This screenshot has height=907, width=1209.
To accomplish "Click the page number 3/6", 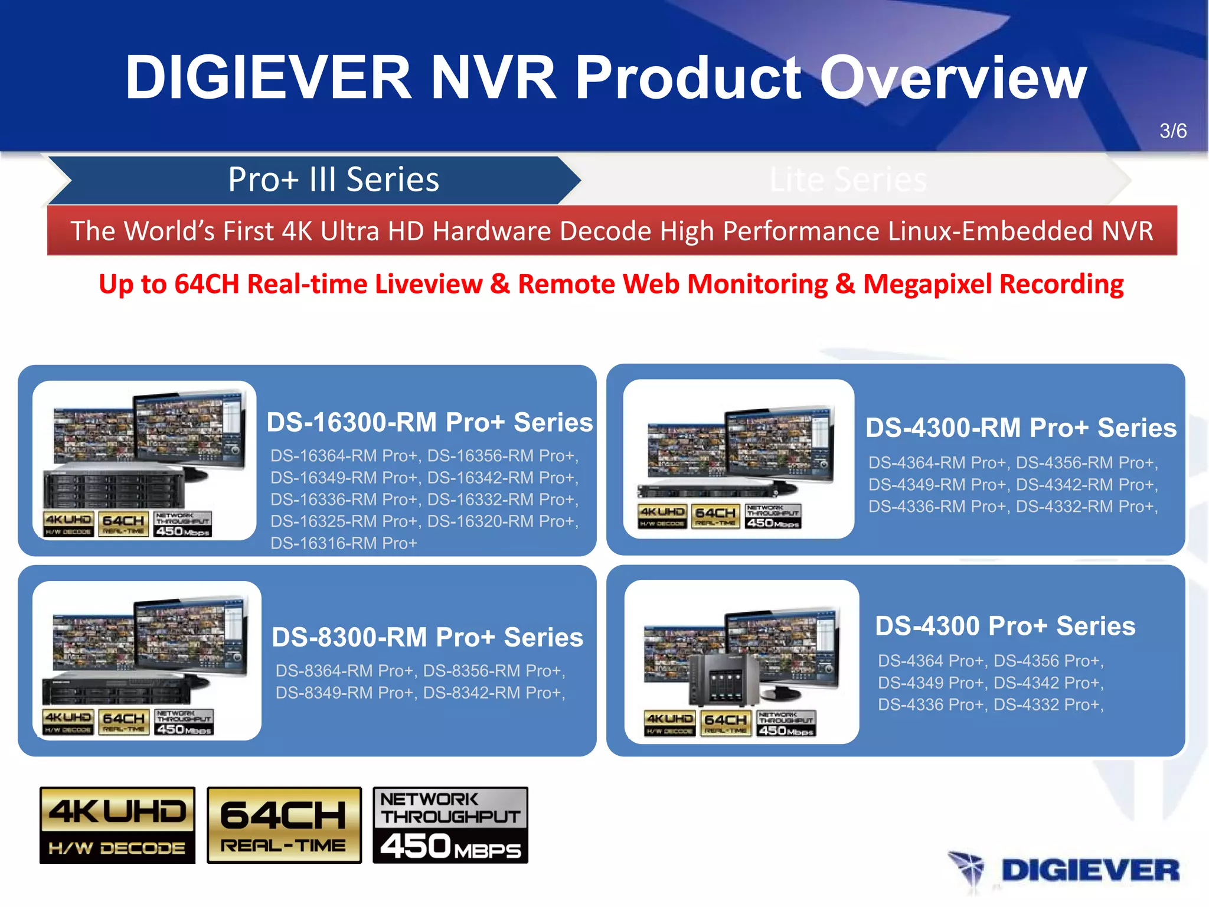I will [x=1172, y=130].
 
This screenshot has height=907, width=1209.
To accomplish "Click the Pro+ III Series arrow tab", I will [x=334, y=180].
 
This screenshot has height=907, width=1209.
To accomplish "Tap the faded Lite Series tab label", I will [x=848, y=180].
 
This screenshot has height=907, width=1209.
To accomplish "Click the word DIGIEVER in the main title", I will [x=268, y=77].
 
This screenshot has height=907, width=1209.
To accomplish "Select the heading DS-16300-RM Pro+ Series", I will [x=429, y=422].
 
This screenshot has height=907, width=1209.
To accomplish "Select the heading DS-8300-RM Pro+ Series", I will [x=427, y=637].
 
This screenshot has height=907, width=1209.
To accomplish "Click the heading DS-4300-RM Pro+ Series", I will [x=1021, y=428].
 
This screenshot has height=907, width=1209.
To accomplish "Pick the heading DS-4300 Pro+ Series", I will [x=1005, y=626].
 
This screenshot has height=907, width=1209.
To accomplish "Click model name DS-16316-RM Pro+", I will [x=344, y=543].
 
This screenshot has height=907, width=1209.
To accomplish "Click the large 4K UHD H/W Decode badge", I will [x=117, y=826].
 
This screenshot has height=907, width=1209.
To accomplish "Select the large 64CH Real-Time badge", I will [x=284, y=826].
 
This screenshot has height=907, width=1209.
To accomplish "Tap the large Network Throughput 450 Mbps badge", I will [x=450, y=826].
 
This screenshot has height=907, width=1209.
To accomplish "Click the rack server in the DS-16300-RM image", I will [x=114, y=488].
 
